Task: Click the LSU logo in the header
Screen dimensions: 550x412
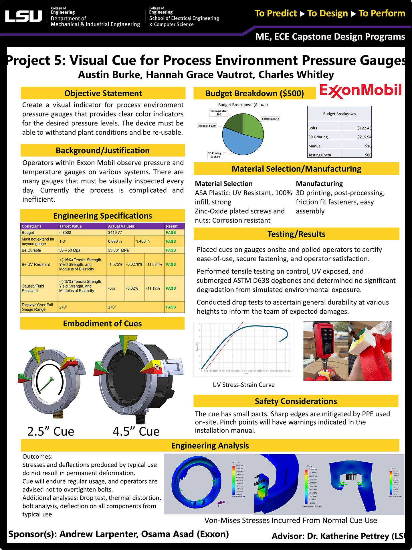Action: pos(23,16)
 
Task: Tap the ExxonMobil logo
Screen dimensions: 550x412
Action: pos(360,91)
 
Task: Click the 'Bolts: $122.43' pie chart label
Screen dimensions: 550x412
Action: pos(270,119)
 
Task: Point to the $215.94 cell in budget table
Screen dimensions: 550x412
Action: pos(364,137)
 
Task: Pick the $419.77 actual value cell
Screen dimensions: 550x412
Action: pos(115,233)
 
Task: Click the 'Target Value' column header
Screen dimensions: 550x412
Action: pos(70,226)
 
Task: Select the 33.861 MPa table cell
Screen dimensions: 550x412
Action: pos(118,250)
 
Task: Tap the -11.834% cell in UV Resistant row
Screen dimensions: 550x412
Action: pos(154,264)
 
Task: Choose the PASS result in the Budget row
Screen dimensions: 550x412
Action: pos(171,233)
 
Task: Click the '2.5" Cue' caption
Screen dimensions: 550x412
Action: pos(51,431)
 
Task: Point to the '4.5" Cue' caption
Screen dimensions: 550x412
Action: pos(136,431)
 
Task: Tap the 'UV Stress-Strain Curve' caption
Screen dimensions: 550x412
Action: pos(243,385)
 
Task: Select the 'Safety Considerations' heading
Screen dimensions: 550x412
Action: pos(296,401)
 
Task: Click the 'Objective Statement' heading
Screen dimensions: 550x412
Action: pos(103,93)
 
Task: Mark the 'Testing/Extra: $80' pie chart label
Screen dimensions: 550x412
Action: pos(219,113)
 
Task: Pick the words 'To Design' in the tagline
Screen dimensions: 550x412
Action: pos(328,13)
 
